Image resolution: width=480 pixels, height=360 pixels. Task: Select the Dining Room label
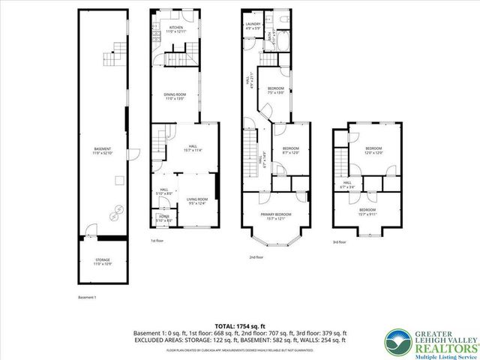tap(175, 96)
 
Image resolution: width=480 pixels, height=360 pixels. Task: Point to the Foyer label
tap(163, 218)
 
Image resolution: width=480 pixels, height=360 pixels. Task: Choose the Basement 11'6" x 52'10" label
tap(103, 151)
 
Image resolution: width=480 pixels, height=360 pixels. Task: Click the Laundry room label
tap(253, 25)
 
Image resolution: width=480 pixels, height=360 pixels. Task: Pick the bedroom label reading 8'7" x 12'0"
tap(291, 150)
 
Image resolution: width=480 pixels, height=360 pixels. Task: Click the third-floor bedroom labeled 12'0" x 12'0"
tap(373, 151)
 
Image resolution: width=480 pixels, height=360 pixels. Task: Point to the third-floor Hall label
tap(347, 184)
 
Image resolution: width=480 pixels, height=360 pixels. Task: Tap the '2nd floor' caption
tap(258, 257)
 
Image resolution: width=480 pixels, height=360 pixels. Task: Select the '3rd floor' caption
tap(340, 241)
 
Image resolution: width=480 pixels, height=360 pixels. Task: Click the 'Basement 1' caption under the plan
tap(88, 297)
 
